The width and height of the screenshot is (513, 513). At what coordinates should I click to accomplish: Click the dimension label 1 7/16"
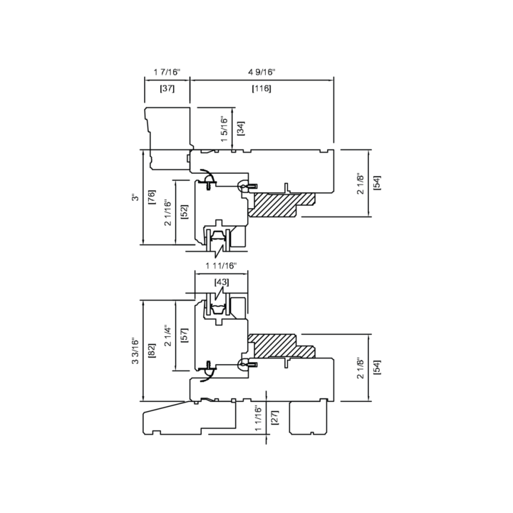pos(167,72)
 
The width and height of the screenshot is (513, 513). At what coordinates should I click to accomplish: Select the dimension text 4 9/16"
pos(261,72)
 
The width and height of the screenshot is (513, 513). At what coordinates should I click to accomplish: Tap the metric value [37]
pos(167,88)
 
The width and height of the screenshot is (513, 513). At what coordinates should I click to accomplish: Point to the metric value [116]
pos(261,88)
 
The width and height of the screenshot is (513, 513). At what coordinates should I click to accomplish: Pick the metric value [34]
pos(241,128)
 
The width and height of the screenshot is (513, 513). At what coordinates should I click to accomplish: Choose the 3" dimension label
pos(135,197)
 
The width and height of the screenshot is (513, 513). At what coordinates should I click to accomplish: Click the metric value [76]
pos(152,197)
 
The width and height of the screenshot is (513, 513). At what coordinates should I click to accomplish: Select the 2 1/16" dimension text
pos(168,212)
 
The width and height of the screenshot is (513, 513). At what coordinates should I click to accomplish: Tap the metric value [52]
pos(185,212)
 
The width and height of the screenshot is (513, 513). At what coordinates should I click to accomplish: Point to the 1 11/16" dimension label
pos(221,266)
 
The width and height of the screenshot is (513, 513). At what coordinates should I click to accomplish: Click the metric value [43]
pos(222,282)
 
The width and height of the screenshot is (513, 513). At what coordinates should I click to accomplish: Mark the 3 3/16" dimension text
pos(135,351)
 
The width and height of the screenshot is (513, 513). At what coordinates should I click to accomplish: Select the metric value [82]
pos(152,351)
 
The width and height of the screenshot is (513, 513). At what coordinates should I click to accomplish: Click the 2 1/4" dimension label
pos(168,336)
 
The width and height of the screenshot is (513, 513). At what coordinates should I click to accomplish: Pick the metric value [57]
pos(185,336)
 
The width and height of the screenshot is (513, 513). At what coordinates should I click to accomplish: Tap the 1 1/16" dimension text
pos(259,419)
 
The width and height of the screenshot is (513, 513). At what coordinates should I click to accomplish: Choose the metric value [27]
pos(275,418)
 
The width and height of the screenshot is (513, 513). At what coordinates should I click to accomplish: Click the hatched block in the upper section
pos(281,204)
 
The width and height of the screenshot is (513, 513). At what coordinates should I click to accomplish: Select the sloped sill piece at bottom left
pos(190,418)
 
